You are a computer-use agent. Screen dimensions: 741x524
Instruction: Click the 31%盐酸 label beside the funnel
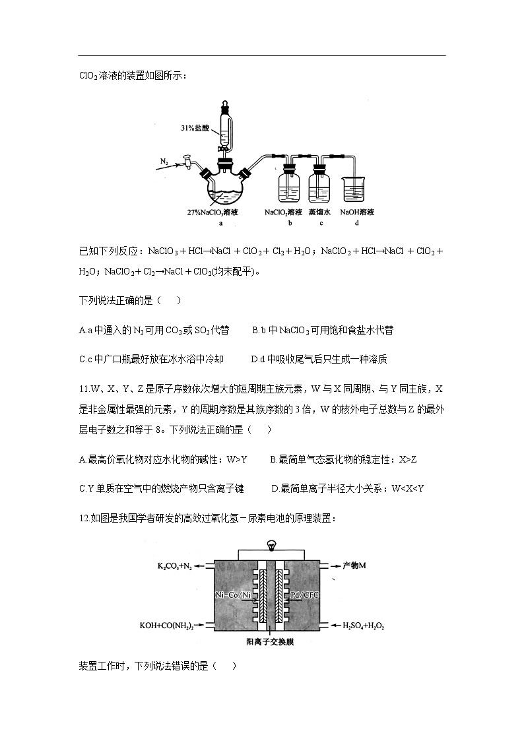[x=196, y=127]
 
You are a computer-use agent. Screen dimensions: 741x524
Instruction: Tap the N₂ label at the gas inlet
[x=165, y=160]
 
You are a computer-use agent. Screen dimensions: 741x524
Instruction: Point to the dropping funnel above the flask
[x=226, y=129]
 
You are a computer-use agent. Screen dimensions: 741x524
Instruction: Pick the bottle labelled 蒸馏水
[x=319, y=184]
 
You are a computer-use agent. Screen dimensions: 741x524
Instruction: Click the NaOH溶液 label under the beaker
[x=357, y=212]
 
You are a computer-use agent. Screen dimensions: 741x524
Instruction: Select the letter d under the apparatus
[x=356, y=224]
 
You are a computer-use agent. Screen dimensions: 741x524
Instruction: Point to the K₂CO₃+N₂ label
[x=175, y=566]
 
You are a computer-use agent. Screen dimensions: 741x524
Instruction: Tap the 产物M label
[x=354, y=566]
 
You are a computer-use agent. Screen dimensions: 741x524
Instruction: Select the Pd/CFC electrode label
[x=304, y=595]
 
